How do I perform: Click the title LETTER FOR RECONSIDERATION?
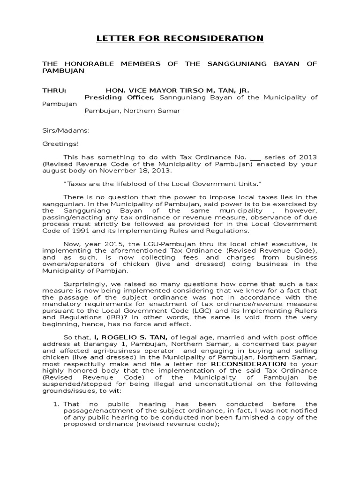[180, 38]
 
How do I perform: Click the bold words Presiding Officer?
[119, 97]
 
